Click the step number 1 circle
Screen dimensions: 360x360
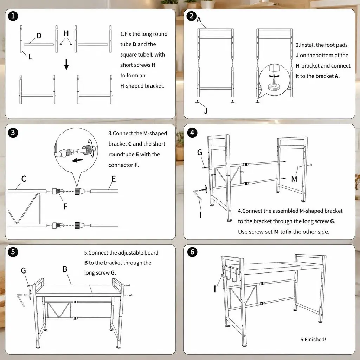pos(13,16)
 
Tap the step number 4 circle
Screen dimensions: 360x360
pos(192,133)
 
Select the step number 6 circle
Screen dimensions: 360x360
pos(192,252)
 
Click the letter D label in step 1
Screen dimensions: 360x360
pos(39,36)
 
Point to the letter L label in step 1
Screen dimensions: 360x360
pos(31,57)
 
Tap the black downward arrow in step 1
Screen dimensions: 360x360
pos(66,64)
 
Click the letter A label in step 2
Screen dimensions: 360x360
pos(199,19)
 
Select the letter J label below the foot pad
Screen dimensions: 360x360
pos(206,111)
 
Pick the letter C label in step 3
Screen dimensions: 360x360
pos(24,179)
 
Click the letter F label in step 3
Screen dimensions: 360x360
pos(65,206)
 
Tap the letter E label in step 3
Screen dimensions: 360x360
pos(114,179)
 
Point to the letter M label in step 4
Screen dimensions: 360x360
pos(294,179)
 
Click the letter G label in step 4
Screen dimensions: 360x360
pos(200,152)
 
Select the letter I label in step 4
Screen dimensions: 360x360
pos(201,215)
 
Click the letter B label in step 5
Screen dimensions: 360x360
pos(65,269)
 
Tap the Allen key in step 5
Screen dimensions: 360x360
pos(21,300)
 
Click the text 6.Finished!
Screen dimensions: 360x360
pos(313,339)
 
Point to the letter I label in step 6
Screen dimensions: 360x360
pos(215,289)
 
